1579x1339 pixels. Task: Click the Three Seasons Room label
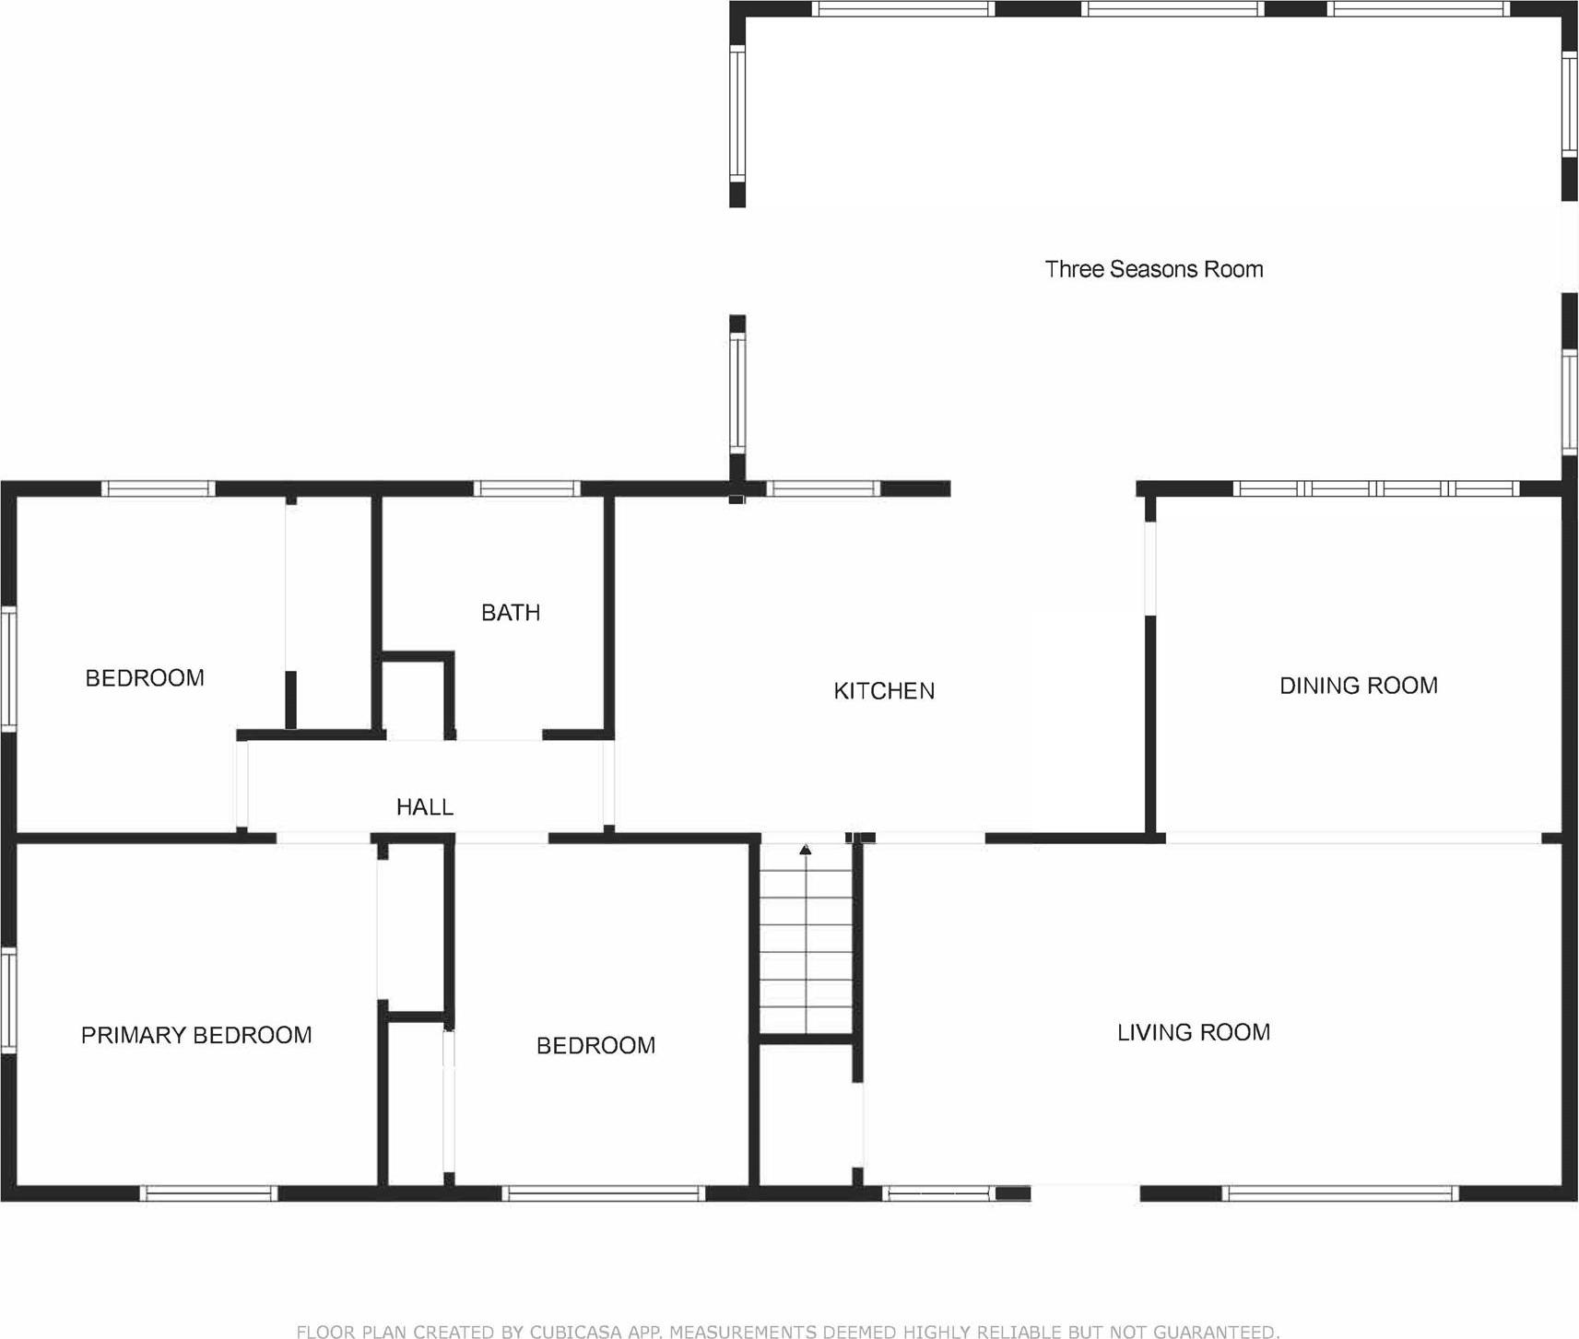[1153, 269]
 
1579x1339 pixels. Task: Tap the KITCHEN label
[883, 691]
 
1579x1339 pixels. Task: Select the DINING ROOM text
[1358, 686]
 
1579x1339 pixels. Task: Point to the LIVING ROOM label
[1193, 1033]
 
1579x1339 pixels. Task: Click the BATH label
[510, 613]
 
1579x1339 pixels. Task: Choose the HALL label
[424, 807]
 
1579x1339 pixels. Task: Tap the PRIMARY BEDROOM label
[195, 1036]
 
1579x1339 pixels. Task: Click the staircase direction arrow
[805, 849]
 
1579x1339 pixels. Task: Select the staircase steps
[806, 949]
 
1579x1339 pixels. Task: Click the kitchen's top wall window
[822, 488]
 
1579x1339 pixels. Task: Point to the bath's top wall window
[526, 488]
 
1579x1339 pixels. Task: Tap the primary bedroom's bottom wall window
[208, 1193]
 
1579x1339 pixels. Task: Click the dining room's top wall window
[1375, 488]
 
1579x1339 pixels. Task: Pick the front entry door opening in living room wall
[1085, 1193]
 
